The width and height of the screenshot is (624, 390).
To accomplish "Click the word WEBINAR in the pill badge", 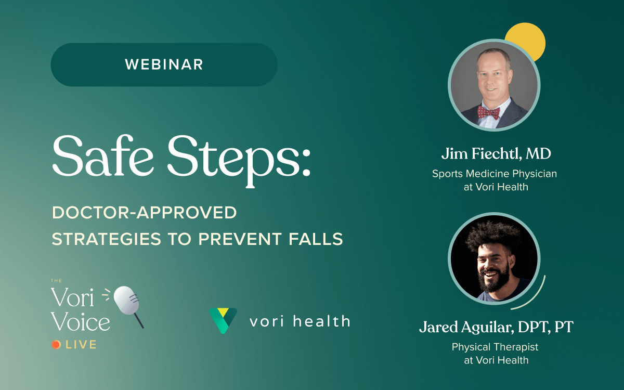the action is (x=164, y=64).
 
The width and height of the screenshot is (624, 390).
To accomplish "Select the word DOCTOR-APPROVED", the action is (x=145, y=213).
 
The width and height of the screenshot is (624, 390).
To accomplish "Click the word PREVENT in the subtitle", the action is (x=240, y=239).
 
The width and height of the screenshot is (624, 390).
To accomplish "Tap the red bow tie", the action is (x=489, y=112).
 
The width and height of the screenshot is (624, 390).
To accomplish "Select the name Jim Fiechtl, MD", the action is (x=496, y=153).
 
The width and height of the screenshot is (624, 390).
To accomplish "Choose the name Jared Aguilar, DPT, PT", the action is (x=496, y=327).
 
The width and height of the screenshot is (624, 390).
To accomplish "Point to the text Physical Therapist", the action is (x=495, y=347).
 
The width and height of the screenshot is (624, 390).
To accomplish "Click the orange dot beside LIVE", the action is (x=56, y=345).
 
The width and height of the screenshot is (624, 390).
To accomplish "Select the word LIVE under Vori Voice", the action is (x=81, y=345).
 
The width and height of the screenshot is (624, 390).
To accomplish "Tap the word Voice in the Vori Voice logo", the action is (x=80, y=321).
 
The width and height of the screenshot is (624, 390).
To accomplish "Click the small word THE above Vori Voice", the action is (x=56, y=280).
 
